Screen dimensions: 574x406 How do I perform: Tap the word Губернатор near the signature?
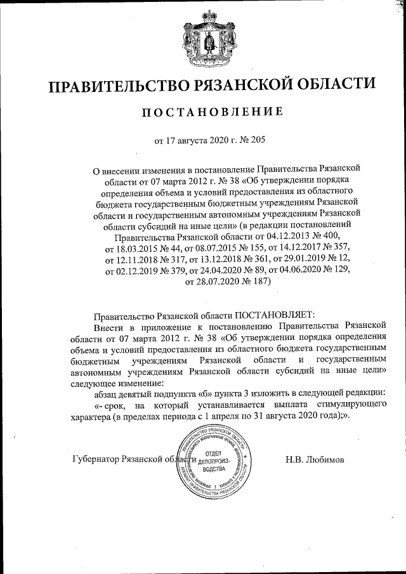pos(101,459)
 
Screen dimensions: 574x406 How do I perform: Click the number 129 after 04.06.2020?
pos(339,271)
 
